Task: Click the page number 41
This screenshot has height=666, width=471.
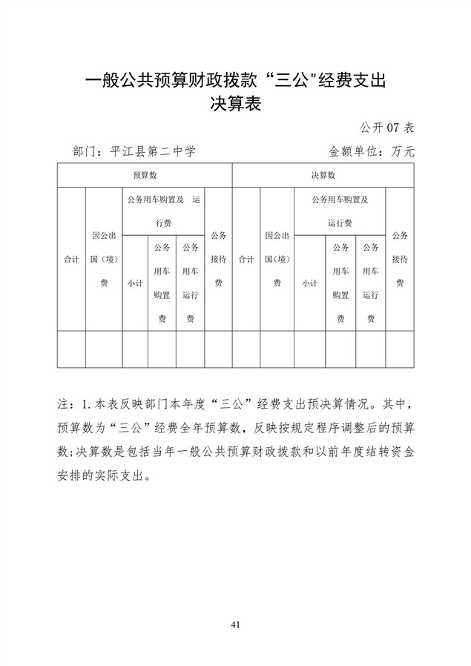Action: [x=235, y=624]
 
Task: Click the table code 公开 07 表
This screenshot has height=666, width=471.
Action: [x=388, y=126]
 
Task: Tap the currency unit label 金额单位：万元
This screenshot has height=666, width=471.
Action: [x=371, y=151]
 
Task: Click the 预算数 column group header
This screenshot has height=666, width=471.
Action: [x=145, y=176]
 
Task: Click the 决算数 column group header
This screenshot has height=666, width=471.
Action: [x=323, y=176]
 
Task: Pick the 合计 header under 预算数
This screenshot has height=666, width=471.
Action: [x=71, y=259]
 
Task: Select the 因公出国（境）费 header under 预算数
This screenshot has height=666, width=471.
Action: [x=104, y=259]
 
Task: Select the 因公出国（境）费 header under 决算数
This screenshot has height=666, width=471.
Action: [x=277, y=259]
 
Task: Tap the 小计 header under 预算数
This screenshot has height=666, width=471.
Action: [x=135, y=283]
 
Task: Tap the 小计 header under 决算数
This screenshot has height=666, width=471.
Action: [x=309, y=283]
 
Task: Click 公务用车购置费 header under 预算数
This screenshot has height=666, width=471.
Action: [x=162, y=283]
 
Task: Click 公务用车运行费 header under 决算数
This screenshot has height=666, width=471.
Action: [x=371, y=283]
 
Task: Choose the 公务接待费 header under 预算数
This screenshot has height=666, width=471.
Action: [x=218, y=259]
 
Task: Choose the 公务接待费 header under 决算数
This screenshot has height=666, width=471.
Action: [x=400, y=259]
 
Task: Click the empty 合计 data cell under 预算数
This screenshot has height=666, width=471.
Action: [x=71, y=349]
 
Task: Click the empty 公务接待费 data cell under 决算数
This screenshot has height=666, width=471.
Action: [x=400, y=349]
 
